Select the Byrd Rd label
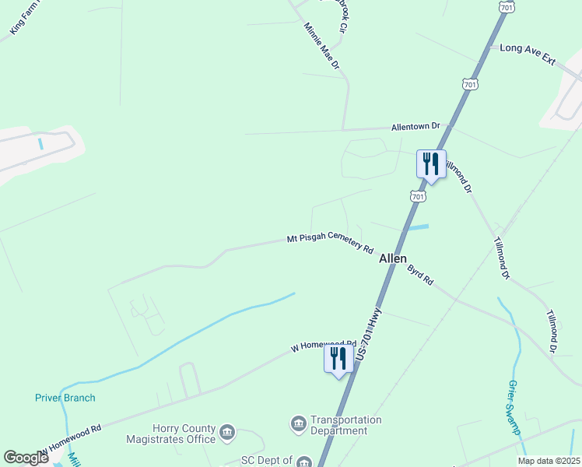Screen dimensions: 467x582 click(420, 275)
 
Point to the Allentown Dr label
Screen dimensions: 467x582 click(415, 126)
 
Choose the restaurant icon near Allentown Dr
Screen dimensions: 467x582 click(431, 164)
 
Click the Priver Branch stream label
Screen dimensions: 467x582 click(65, 398)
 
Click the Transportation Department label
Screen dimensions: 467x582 click(346, 425)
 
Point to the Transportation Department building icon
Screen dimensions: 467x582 click(298, 424)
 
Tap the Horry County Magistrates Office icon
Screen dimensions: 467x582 click(227, 433)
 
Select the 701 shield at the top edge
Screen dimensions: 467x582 click(507, 7)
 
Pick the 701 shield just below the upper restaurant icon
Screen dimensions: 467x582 click(419, 197)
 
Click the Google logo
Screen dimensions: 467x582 click(26, 458)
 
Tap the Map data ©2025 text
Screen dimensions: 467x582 click(549, 461)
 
